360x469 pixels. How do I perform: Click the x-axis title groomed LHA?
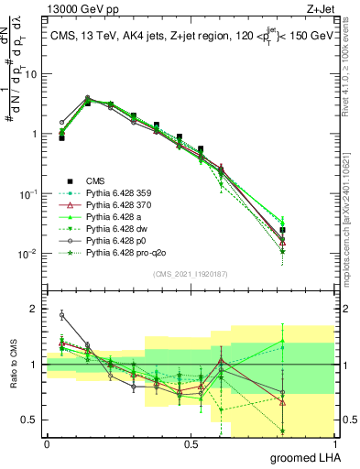[x=308, y=456]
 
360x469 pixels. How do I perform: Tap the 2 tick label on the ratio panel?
[x=34, y=309]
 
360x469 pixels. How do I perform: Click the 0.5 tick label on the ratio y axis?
[x=28, y=420]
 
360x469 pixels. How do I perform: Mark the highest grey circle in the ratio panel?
[x=61, y=314]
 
